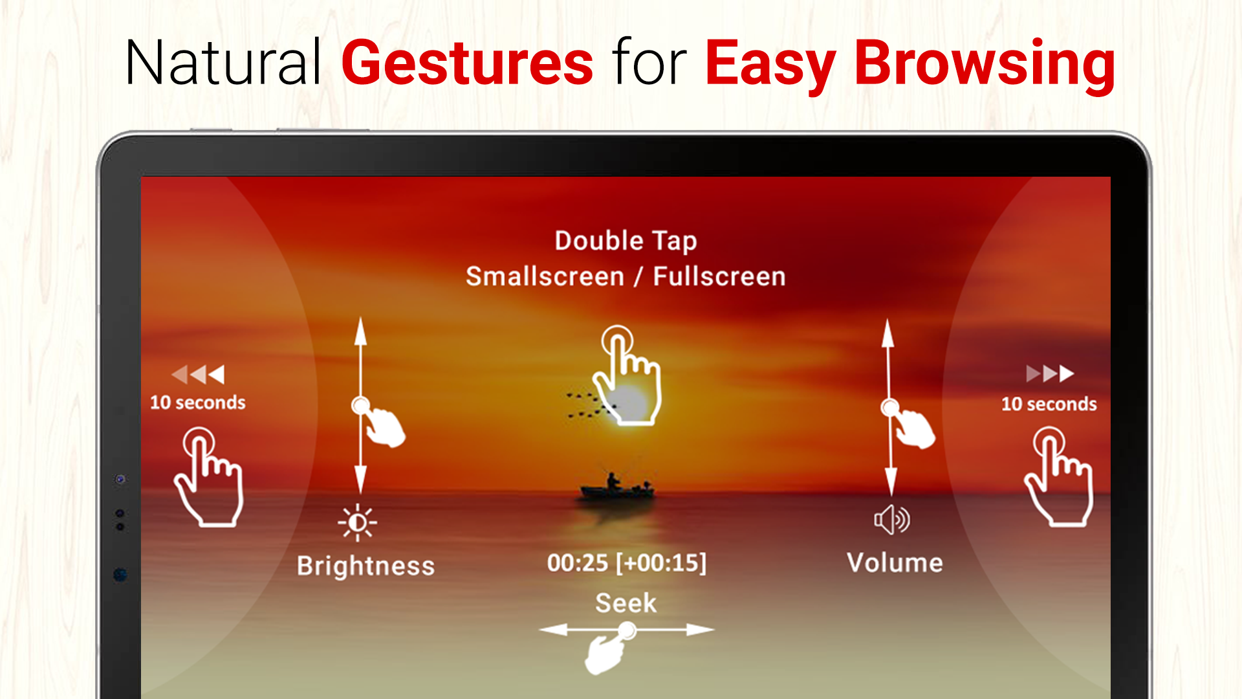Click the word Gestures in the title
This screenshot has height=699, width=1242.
coord(467,63)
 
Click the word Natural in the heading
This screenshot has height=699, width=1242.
coord(223,63)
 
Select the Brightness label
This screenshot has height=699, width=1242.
coord(365,566)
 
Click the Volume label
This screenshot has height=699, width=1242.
coord(895,562)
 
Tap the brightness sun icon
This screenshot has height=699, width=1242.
coord(358,522)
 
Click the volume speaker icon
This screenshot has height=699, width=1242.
coord(892,519)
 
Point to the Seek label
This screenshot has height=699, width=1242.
coord(626,603)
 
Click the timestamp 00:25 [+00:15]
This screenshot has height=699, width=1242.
coord(626,562)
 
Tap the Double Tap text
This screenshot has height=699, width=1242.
coord(626,241)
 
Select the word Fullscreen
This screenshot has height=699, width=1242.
coord(719,276)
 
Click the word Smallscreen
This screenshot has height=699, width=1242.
coord(545,276)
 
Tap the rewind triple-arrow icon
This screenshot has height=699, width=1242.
coord(198,374)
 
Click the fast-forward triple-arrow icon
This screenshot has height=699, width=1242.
coord(1050,373)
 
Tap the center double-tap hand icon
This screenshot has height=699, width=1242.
coord(626,375)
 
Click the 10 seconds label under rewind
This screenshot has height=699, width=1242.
coord(198,403)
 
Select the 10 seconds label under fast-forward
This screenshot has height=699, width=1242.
coord(1049,404)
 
